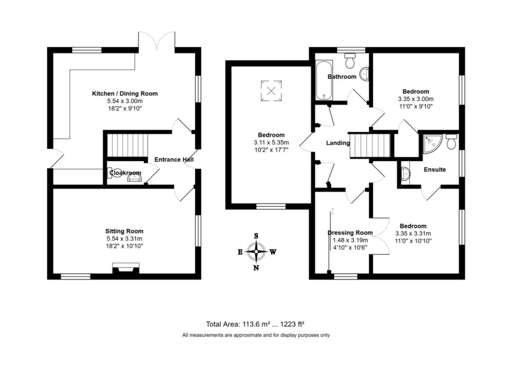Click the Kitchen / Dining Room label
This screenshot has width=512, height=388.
[125, 93]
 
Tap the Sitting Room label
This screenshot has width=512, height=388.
[125, 231]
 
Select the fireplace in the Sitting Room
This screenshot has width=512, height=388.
[125, 269]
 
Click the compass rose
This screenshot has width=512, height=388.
[256, 252]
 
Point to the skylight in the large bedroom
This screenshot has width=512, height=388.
[271, 90]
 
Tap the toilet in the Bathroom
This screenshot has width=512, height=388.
[351, 61]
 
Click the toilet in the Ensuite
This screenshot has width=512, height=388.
[451, 142]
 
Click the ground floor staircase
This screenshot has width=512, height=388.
[127, 145]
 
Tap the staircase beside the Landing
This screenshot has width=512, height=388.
[371, 145]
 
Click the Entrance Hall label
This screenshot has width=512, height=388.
[174, 159]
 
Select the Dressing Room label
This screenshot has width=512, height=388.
[350, 233]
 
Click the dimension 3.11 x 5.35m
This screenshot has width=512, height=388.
[271, 142]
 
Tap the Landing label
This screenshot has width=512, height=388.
[338, 143]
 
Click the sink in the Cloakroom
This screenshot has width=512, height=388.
[134, 178]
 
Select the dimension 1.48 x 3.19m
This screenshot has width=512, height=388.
[350, 240]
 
